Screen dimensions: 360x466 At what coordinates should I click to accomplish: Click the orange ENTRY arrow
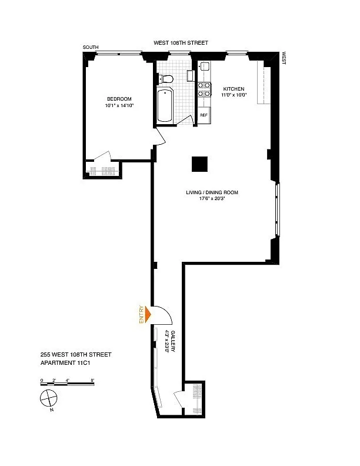pos(148,314)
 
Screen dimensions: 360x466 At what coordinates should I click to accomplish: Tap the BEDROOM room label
pos(119,99)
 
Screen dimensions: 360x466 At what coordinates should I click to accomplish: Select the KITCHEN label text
pos(234,89)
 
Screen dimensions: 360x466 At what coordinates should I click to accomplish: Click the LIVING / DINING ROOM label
pos(212,192)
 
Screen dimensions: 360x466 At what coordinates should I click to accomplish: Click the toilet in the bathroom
pos(166,79)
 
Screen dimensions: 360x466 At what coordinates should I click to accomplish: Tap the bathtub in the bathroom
pos(165,105)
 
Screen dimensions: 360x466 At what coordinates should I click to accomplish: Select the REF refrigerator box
pos(204,115)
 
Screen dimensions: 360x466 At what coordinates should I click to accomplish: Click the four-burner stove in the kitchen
pos(204,89)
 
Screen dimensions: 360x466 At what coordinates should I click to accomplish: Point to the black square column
pos(199,164)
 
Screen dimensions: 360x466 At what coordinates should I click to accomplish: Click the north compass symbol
pos(48,398)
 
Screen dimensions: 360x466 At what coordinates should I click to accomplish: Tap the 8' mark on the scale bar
pos(93,380)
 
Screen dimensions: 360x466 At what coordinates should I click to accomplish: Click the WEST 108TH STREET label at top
pos(181,43)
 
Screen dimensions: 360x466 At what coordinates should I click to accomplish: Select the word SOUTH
pos(91,47)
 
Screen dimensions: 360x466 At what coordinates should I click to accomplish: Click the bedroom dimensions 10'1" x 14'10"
pos(119,105)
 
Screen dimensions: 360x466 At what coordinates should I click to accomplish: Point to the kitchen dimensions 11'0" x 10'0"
pos(234,95)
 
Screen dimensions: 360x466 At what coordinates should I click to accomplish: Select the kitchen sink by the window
pos(205,66)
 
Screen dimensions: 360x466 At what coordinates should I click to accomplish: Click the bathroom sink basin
pos(191,76)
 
